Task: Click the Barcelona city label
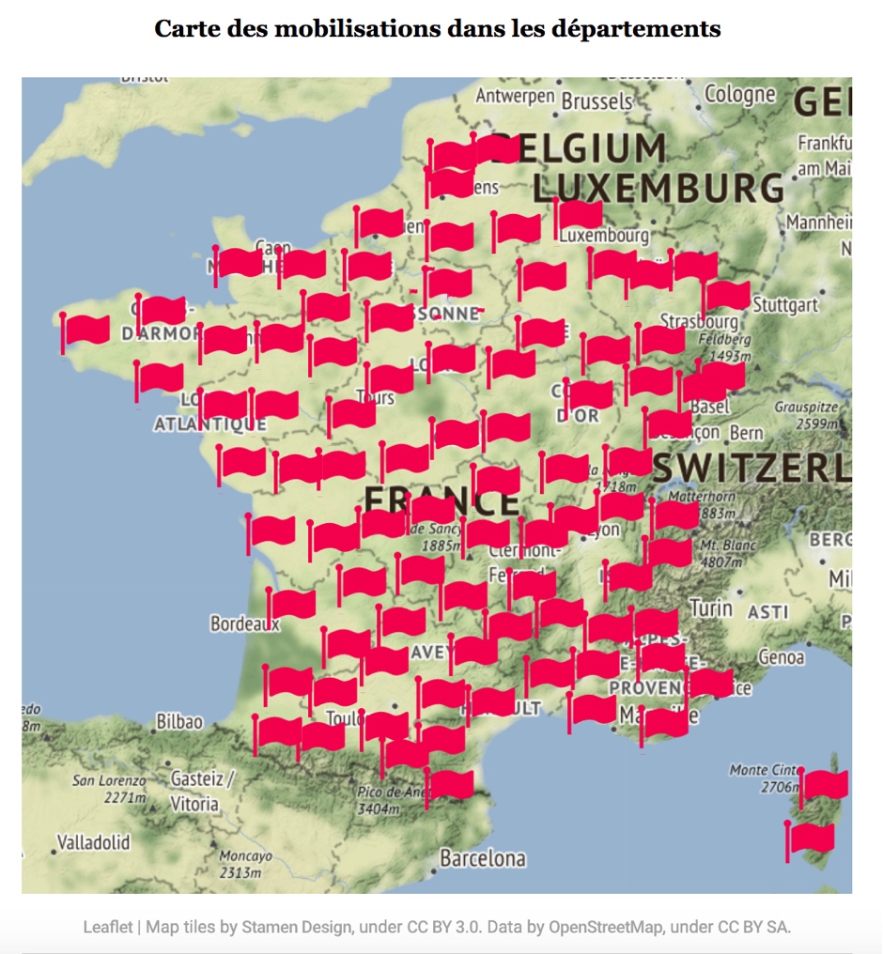483,858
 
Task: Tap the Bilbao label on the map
179,721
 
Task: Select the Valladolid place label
93,841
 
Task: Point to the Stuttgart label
784,304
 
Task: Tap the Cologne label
740,94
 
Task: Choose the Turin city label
711,608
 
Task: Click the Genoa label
781,656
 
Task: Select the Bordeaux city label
244,623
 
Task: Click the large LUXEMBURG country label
658,188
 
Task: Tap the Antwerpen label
516,96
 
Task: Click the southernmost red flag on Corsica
811,838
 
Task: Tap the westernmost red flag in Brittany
85,330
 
